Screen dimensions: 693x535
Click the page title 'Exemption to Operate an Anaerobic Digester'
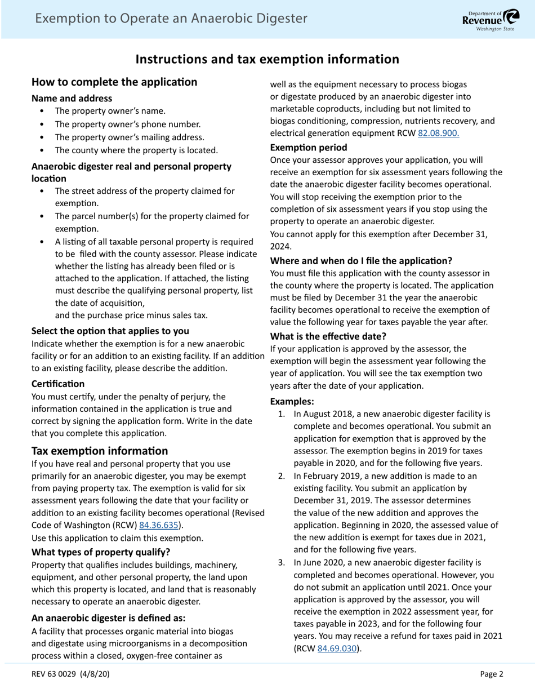point(171,19)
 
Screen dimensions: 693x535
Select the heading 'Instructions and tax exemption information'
point(267,59)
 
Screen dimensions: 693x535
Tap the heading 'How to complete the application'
point(114,82)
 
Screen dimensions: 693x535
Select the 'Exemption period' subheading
point(309,148)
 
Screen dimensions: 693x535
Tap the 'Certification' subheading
point(58,384)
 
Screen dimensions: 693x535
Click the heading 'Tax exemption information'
point(100,451)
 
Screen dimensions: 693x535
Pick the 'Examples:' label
point(292,401)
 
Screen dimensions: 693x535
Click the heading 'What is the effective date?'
point(328,336)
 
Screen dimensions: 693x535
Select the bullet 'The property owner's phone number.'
point(127,124)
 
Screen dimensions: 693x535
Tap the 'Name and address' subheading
point(72,98)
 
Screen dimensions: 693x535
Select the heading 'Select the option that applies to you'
point(110,330)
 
